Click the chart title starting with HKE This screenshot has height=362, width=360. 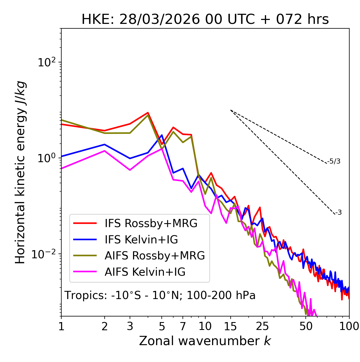point(205,19)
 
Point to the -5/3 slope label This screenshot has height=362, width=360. point(334,161)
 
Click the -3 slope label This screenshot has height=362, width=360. point(338,212)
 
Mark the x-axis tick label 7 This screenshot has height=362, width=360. point(183,326)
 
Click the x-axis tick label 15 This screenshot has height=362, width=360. point(230,326)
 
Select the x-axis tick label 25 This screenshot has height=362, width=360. point(262,326)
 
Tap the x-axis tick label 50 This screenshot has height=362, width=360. point(306,326)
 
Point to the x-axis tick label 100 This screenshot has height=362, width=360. point(349,326)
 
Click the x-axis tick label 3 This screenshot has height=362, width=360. point(130,326)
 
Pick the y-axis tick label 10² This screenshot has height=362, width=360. point(46,62)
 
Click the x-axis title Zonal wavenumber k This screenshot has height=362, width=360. point(205,341)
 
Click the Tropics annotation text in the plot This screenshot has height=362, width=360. point(160,295)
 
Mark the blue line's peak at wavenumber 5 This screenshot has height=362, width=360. point(162,135)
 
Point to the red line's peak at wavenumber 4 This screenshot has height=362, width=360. point(148,113)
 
